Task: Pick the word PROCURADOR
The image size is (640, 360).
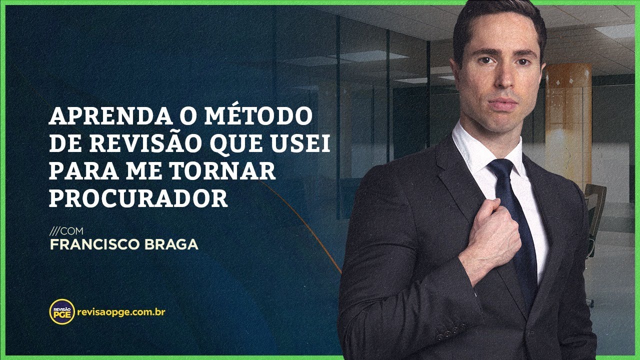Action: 138,199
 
